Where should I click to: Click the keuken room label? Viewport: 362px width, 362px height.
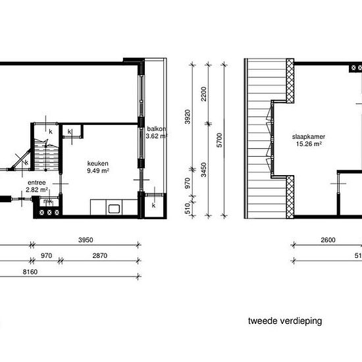point(97,163)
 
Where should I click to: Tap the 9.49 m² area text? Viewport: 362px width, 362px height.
point(98,170)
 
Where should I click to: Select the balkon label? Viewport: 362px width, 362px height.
point(157,129)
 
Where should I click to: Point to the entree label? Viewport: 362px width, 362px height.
point(37,182)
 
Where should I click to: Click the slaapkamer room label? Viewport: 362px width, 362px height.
point(309,137)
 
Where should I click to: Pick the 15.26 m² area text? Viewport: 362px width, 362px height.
point(309,144)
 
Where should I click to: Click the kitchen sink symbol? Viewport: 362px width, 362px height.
point(114,209)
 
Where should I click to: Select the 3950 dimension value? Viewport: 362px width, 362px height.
point(86,240)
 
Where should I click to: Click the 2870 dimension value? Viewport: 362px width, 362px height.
point(100,256)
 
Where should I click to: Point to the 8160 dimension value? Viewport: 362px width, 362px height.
point(30,272)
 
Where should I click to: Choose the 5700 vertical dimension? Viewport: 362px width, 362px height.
point(220,140)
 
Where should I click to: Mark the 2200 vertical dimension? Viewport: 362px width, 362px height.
point(203,94)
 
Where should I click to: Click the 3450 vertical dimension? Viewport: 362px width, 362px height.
point(203,170)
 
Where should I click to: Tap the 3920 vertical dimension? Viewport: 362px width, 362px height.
point(188,116)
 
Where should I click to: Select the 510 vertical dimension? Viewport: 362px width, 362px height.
point(188,209)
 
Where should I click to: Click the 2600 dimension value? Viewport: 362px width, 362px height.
point(328,240)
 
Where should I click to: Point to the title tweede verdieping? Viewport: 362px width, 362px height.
point(285,321)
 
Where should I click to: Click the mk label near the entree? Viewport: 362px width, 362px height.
point(48,201)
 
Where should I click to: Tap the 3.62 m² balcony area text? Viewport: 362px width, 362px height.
point(156,136)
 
